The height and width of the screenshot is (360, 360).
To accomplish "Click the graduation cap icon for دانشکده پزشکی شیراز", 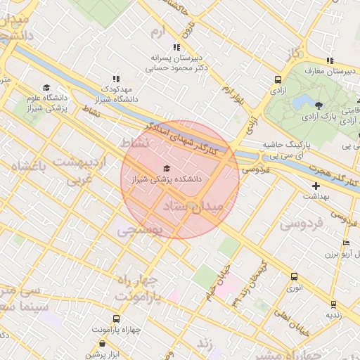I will tap(166, 168).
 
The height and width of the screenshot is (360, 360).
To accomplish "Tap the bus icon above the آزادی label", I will tap(278, 80).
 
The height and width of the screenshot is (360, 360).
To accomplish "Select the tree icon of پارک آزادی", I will tap(319, 105).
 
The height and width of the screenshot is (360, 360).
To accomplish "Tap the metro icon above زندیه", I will tap(335, 304).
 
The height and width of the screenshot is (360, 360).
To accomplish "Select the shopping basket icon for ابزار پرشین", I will tap(103, 344).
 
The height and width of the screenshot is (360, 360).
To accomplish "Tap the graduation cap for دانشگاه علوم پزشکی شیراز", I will tap(46, 88).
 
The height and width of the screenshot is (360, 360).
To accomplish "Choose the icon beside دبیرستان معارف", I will tap(329, 60).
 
